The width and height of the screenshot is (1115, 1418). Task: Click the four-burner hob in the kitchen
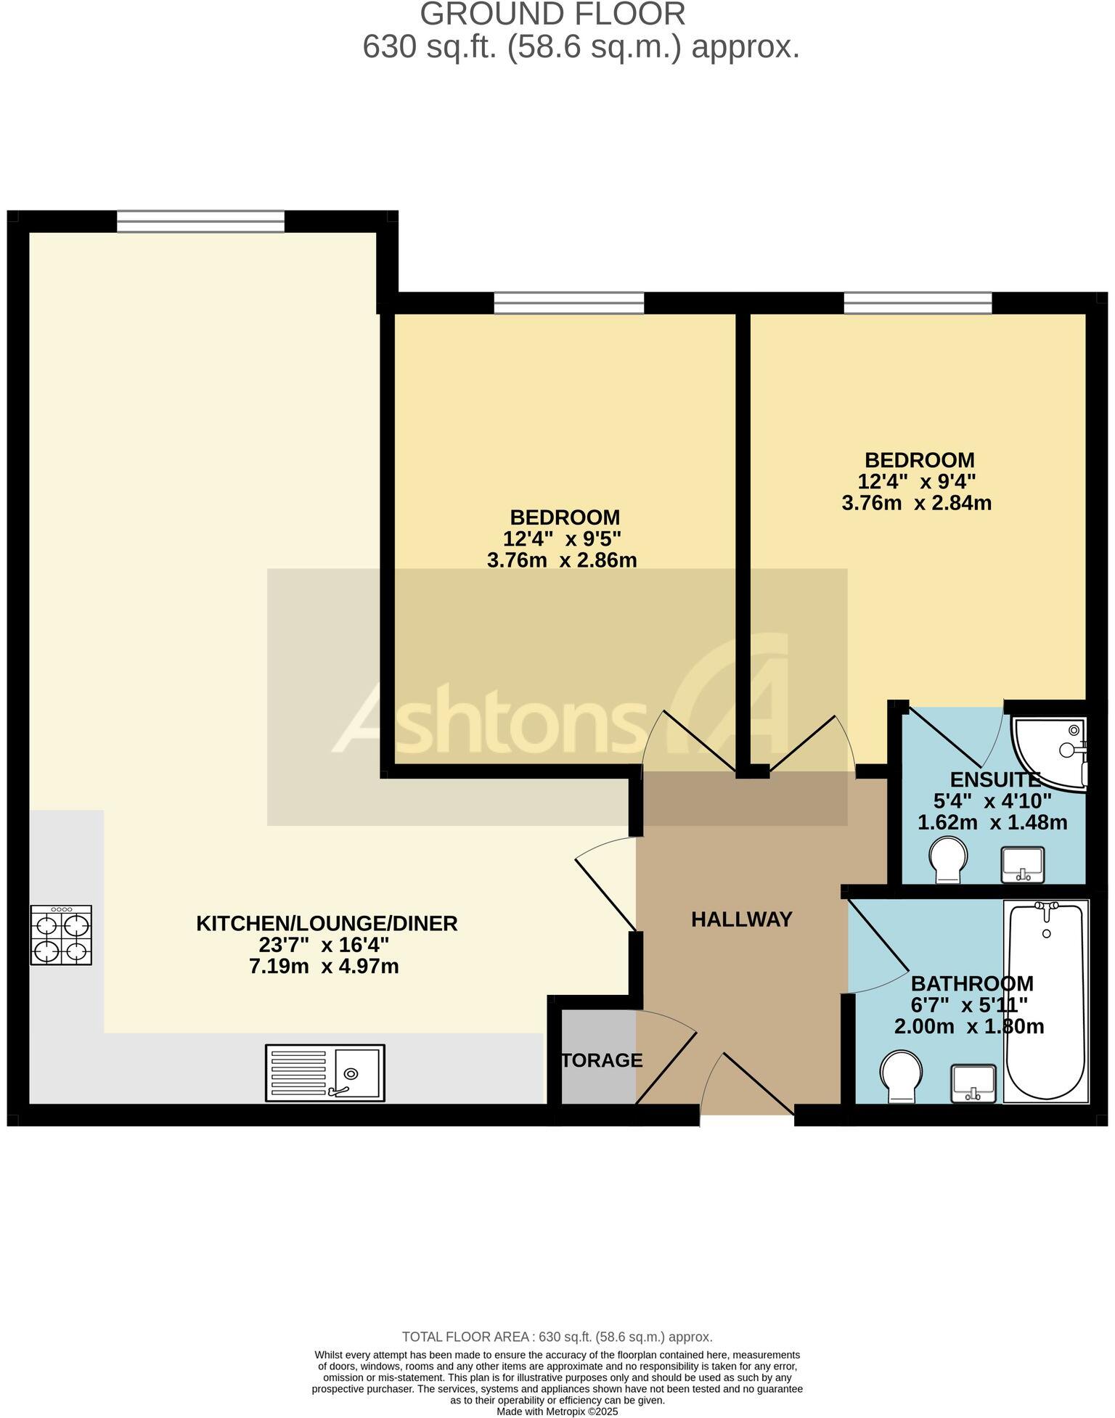61,935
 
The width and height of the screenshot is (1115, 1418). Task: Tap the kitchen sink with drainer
324,1073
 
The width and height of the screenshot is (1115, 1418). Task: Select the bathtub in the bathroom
1045,1002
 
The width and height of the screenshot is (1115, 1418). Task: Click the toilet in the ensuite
948,860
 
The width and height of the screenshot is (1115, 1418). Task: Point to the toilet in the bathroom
901,1078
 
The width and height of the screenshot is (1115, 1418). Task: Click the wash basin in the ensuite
1022,864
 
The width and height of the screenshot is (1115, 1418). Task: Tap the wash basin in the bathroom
973,1084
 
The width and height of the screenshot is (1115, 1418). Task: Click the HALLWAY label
741,919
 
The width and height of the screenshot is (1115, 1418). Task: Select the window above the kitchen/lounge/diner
200,221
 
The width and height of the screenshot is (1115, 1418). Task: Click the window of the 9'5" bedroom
568,303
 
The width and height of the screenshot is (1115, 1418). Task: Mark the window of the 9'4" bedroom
918,303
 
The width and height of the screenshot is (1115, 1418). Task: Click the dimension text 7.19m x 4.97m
324,967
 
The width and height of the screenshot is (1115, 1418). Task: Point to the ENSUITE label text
994,780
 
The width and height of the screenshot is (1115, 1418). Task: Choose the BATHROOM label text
971,984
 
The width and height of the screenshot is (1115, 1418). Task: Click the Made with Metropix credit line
557,1411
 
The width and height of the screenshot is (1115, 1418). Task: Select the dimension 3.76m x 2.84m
916,502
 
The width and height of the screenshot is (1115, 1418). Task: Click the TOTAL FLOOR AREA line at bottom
557,1337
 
